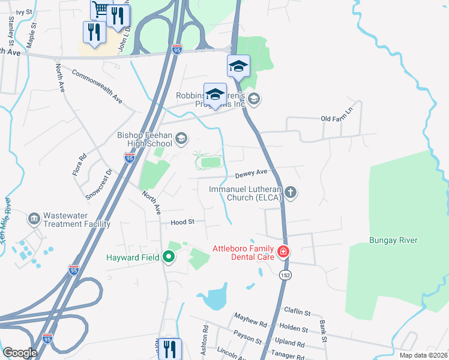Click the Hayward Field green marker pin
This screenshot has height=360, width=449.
(169, 257)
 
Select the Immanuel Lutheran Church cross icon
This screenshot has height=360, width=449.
(291, 193)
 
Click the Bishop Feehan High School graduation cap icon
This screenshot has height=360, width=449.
(180, 140)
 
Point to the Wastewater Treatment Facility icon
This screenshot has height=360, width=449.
(34, 216)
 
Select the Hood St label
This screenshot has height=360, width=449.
(182, 221)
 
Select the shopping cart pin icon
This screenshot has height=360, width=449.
(101, 8)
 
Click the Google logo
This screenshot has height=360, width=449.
(20, 353)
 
